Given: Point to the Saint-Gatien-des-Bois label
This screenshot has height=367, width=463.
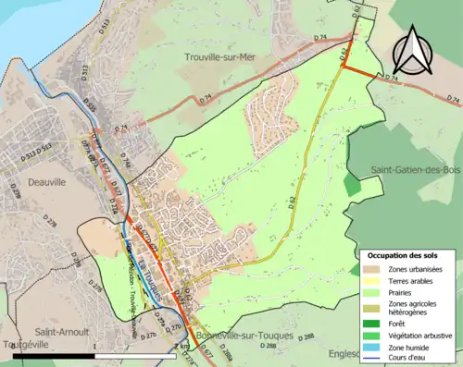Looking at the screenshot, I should [414, 170].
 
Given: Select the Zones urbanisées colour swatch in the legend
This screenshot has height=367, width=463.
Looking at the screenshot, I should [375, 269].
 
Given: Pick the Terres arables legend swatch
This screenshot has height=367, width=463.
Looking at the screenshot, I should [375, 280].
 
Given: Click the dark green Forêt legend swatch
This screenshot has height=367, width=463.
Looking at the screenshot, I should [375, 323].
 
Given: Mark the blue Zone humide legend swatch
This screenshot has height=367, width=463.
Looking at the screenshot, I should [375, 345].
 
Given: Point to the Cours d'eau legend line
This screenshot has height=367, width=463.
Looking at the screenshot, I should [375, 356].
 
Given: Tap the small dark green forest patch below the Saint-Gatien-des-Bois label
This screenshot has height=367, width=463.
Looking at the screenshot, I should [352, 183].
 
